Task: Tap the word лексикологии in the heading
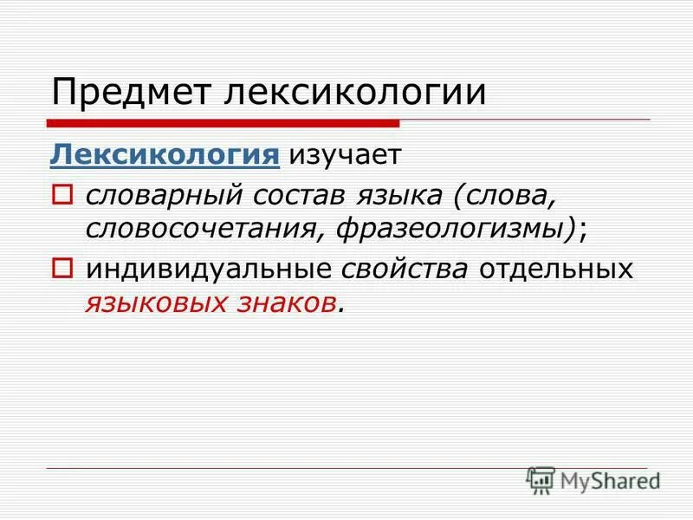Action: click(355, 93)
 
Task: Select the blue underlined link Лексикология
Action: click(165, 155)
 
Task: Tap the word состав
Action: click(285, 195)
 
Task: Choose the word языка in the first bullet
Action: click(393, 196)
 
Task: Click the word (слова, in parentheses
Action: click(503, 196)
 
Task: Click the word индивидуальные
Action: click(208, 270)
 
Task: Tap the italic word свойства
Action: click(405, 270)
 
